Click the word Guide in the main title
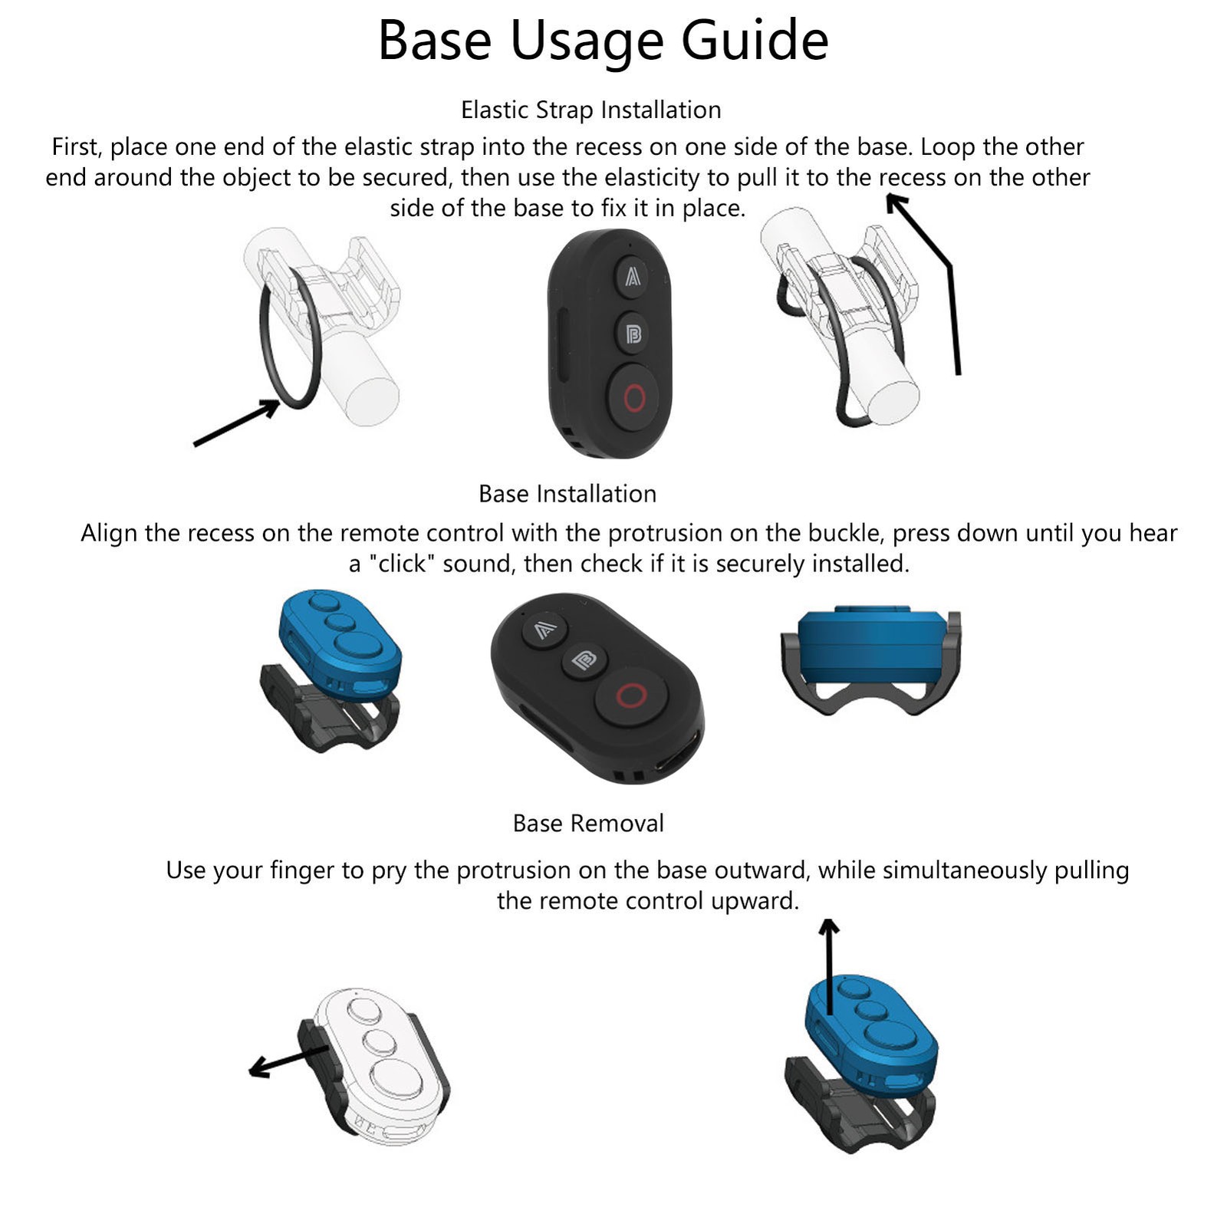click(755, 40)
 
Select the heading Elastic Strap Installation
click(590, 110)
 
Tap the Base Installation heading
click(567, 493)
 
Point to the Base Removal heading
click(588, 823)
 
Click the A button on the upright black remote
click(632, 276)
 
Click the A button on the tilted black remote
click(544, 630)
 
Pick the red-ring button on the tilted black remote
click(631, 696)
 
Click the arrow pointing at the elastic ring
click(236, 423)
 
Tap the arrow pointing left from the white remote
click(289, 1061)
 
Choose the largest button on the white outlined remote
click(396, 1078)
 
